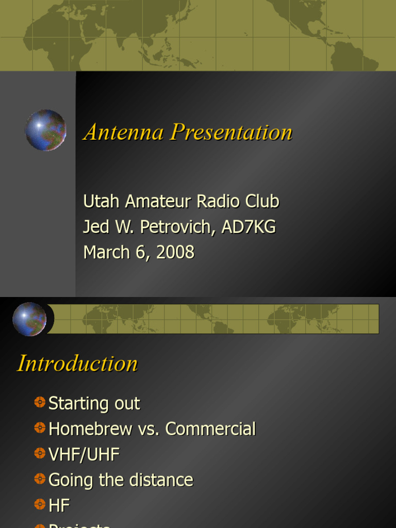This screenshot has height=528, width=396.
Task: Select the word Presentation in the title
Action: point(232,132)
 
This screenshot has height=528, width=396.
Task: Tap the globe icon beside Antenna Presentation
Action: point(45,130)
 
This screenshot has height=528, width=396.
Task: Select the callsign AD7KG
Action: point(249,227)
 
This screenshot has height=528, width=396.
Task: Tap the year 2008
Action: point(175,252)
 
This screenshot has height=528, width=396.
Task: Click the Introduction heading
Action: point(77,364)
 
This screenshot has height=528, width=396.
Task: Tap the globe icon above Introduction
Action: point(29,319)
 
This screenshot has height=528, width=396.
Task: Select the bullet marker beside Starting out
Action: point(40,402)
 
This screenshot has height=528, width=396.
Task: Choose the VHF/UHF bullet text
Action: point(84,454)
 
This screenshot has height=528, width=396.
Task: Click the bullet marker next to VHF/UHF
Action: point(40,453)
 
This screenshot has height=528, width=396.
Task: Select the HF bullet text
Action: point(59,505)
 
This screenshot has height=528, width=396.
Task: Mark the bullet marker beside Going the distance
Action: point(40,479)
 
